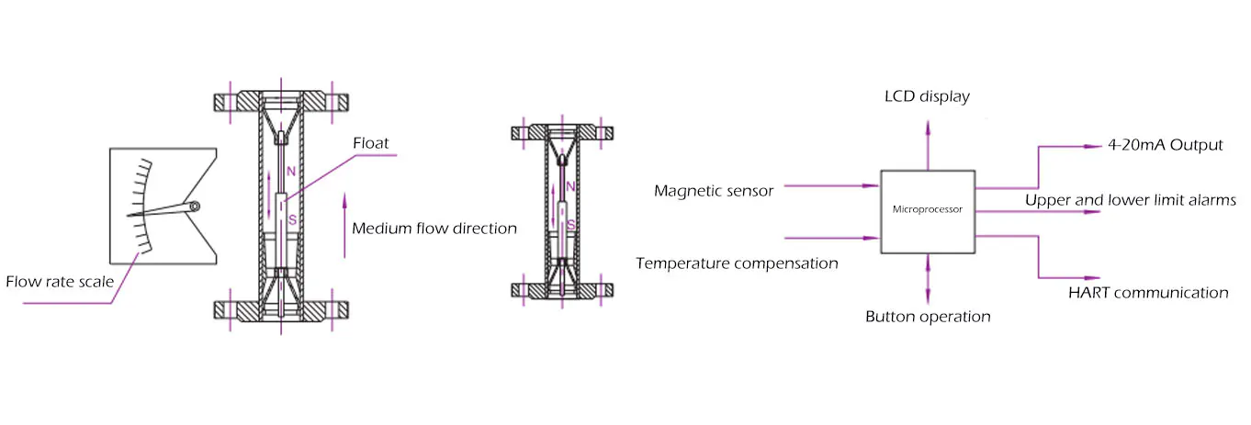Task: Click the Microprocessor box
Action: [928, 211]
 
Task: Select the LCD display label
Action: [927, 96]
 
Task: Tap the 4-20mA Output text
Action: [1166, 146]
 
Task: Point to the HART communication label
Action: [1148, 293]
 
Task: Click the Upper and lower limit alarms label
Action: [1131, 200]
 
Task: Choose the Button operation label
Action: [928, 317]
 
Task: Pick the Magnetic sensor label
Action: [714, 191]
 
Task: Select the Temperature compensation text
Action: [737, 263]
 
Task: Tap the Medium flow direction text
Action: [434, 228]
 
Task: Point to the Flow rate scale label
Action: [60, 282]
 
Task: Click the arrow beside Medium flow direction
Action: [344, 225]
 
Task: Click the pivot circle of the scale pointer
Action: [194, 207]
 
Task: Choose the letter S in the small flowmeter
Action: [570, 224]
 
